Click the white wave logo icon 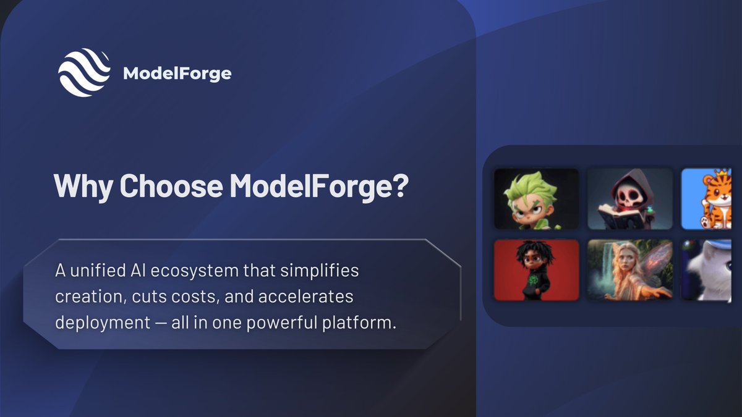tap(84, 73)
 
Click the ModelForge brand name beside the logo tap(177, 74)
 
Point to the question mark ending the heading tap(399, 185)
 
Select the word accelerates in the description tap(301, 297)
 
